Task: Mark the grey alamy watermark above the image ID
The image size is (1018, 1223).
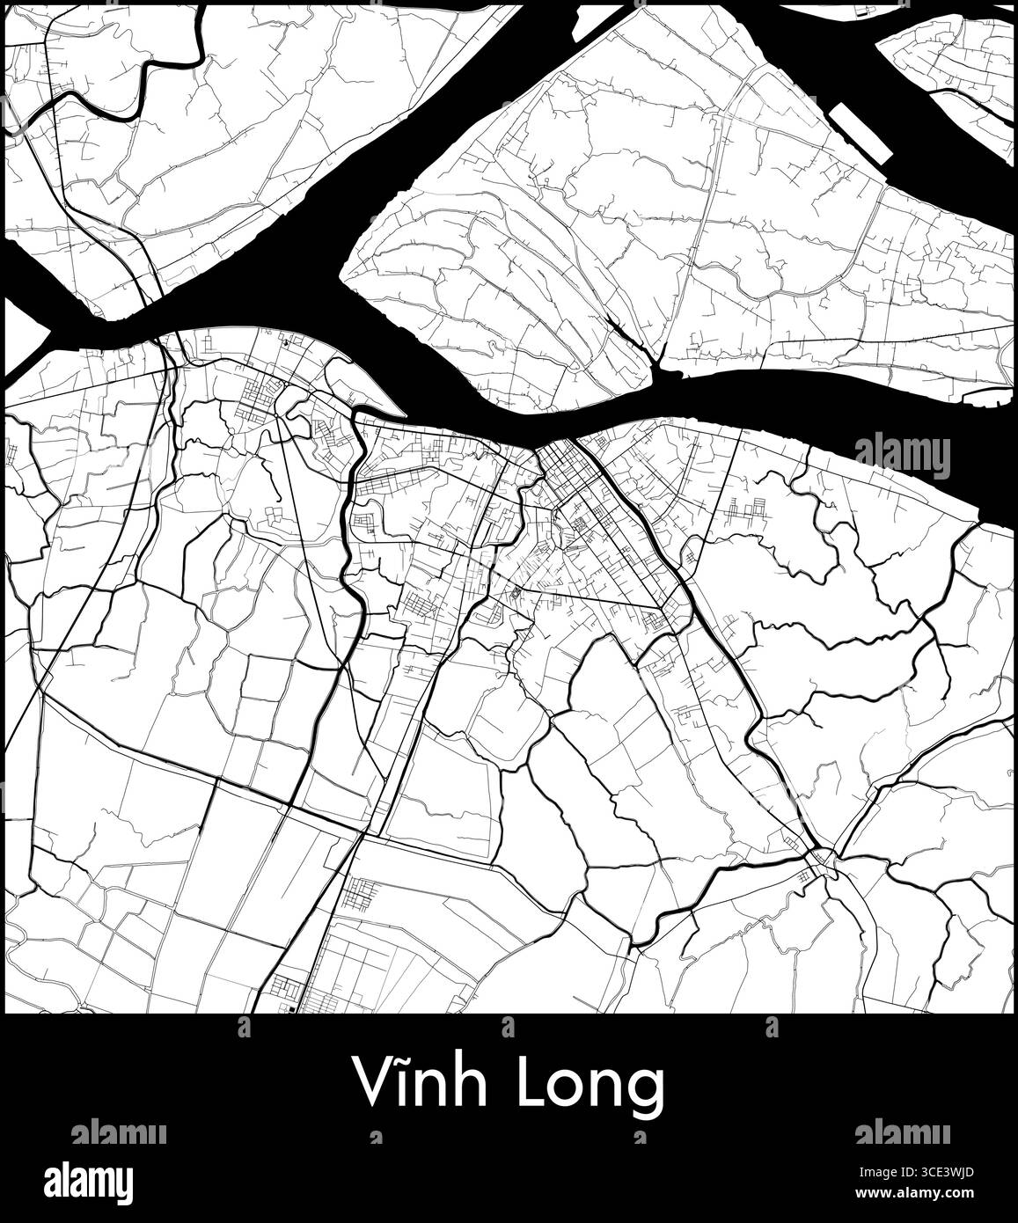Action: tap(902, 1132)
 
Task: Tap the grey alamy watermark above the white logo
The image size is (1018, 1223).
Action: tap(119, 1132)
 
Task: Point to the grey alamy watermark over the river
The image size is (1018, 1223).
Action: tap(902, 456)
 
